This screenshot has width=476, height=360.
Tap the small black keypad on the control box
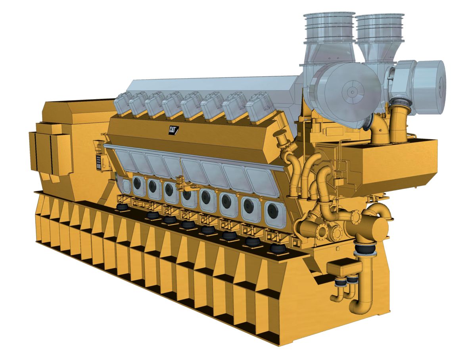(x=99, y=162)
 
